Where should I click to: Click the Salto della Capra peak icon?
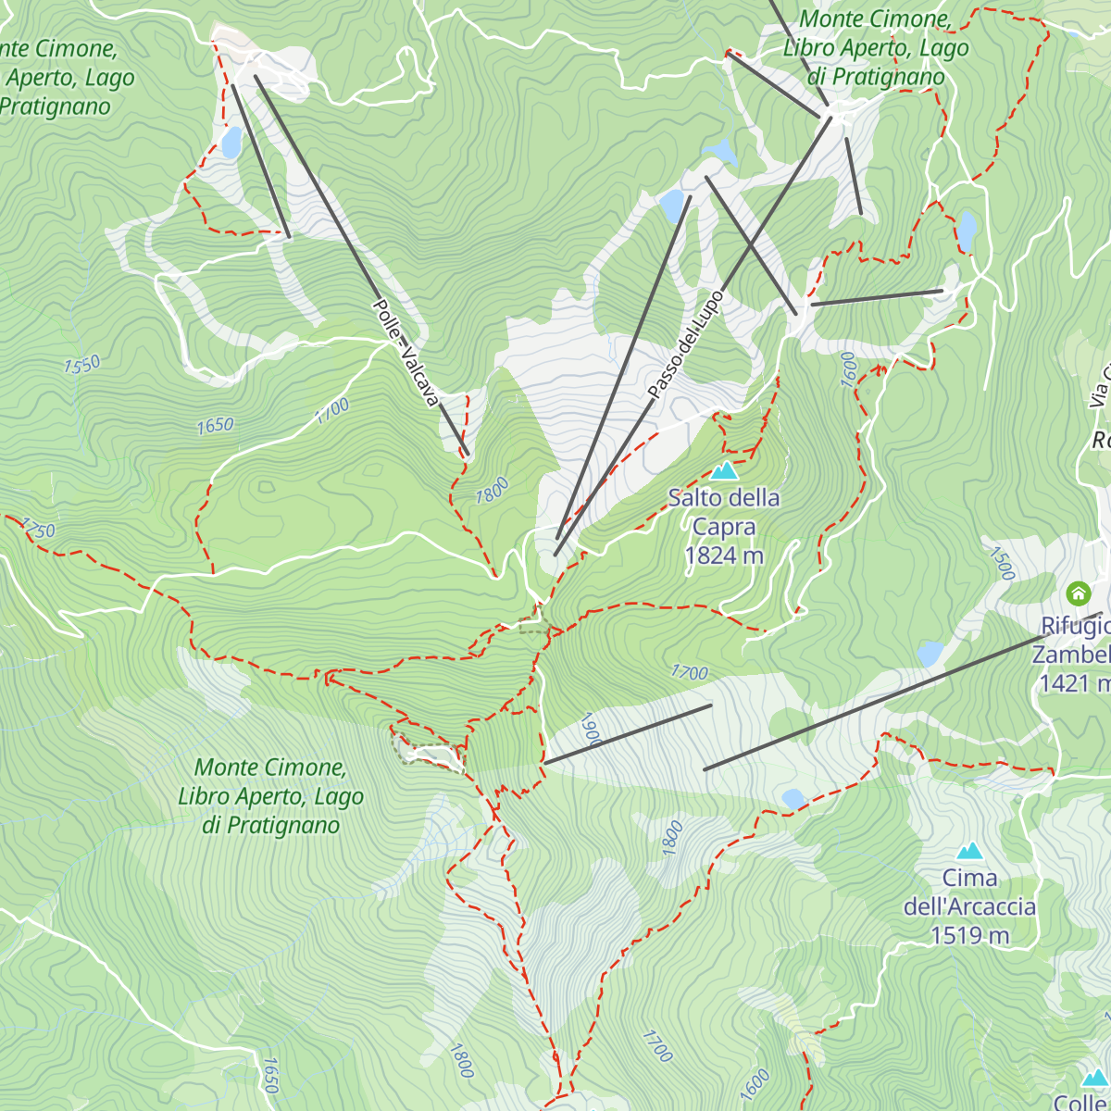pyautogui.click(x=724, y=471)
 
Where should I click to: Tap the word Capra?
pyautogui.click(x=724, y=527)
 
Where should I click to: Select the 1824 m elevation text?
pyautogui.click(x=724, y=555)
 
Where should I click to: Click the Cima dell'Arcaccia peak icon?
pyautogui.click(x=969, y=851)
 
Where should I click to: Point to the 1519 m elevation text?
pyautogui.click(x=969, y=936)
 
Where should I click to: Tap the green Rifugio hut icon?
pyautogui.click(x=1078, y=593)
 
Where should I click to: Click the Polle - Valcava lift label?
pyautogui.click(x=405, y=353)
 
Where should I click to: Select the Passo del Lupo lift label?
pyautogui.click(x=685, y=345)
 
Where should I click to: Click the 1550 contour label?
pyautogui.click(x=81, y=365)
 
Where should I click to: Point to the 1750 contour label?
pyautogui.click(x=37, y=530)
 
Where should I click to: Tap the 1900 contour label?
pyautogui.click(x=591, y=730)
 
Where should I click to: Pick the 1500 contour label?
pyautogui.click(x=1003, y=563)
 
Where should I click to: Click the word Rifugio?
pyautogui.click(x=1074, y=627)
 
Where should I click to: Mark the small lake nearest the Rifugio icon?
pyautogui.click(x=930, y=655)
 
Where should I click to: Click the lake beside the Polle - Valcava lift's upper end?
pyautogui.click(x=231, y=143)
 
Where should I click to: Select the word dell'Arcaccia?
pyautogui.click(x=969, y=906)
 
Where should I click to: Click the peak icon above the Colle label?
pyautogui.click(x=1095, y=1078)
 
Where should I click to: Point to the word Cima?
pyautogui.click(x=969, y=878)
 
